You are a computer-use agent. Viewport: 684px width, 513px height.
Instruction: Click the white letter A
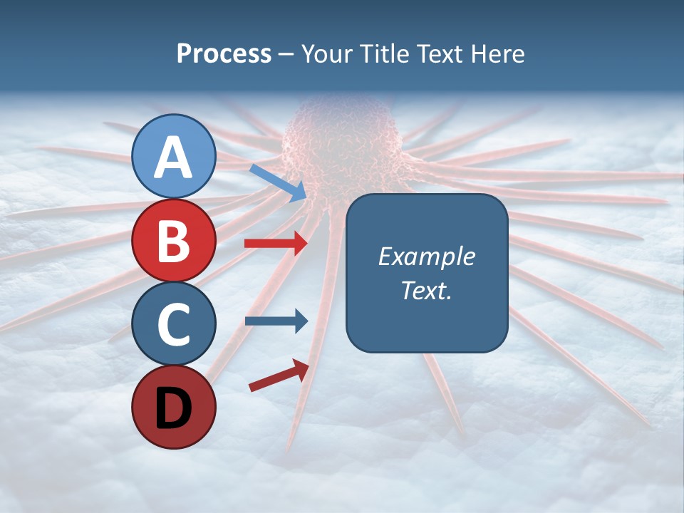(173, 157)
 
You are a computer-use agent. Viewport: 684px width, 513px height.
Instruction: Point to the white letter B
(173, 241)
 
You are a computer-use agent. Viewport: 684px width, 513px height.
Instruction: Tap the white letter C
(173, 324)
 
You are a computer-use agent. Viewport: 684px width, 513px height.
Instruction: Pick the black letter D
(173, 408)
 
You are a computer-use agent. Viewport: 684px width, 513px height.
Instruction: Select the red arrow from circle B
(276, 244)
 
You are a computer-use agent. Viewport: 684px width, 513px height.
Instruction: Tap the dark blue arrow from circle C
(276, 321)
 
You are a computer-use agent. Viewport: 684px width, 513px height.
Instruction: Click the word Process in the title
(224, 54)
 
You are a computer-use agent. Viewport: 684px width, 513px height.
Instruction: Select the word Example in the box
(426, 256)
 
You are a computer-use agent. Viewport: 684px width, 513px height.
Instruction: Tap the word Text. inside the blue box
(426, 290)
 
